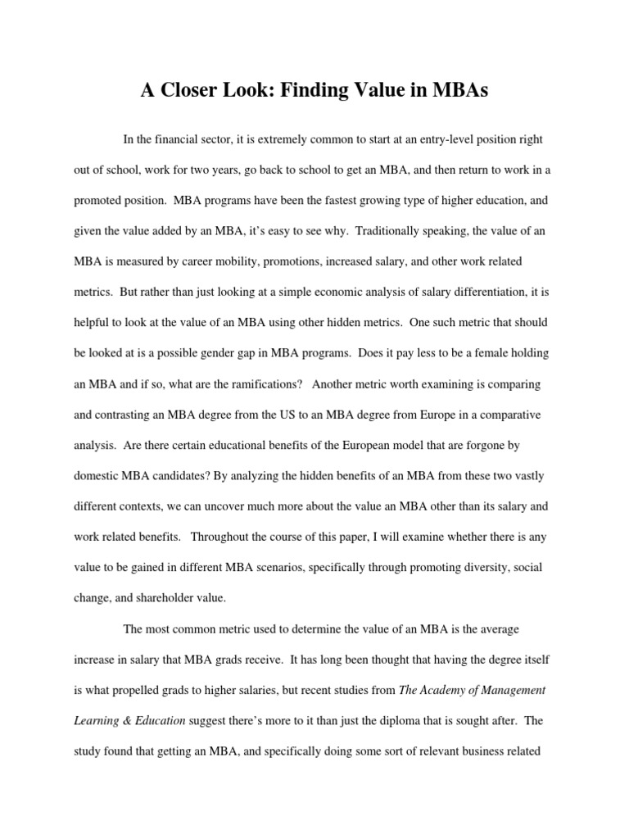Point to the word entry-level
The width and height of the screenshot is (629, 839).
[419, 140]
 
